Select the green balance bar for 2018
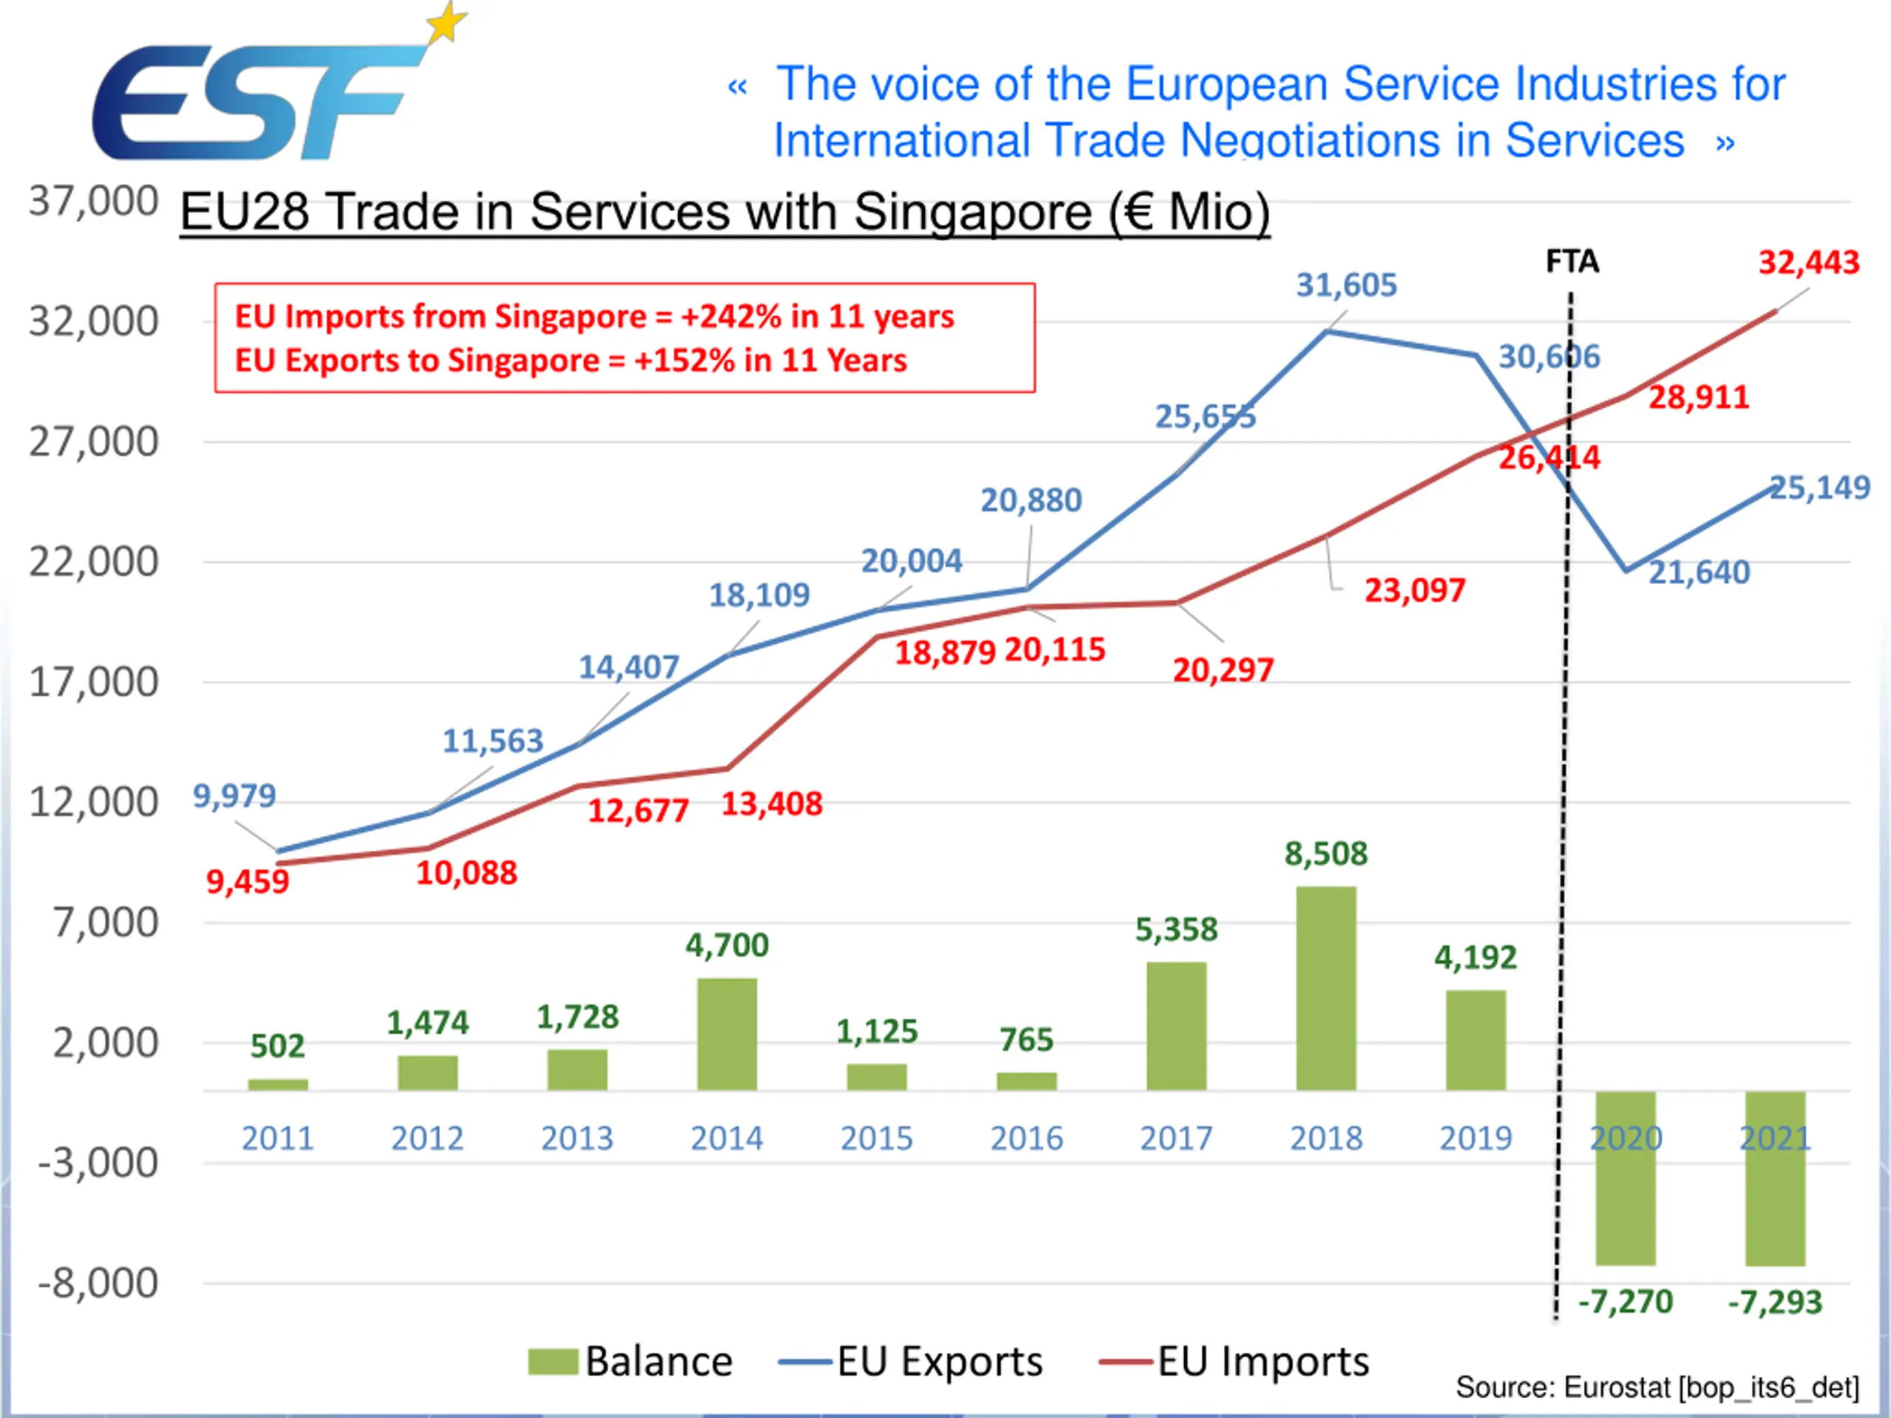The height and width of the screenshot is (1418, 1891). point(1326,988)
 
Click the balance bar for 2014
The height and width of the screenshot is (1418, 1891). point(727,1033)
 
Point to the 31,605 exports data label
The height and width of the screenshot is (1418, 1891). point(1347,284)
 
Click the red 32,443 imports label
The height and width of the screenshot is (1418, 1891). point(1809,262)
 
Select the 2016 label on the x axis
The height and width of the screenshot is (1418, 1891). point(1027,1139)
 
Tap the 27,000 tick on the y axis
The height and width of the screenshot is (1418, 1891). point(94,442)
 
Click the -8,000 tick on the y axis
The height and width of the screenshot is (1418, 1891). point(98,1283)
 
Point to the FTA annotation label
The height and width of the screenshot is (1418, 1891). point(1572,261)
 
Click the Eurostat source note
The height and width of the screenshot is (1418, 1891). point(1657,1387)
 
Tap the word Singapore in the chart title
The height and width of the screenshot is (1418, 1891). point(973,212)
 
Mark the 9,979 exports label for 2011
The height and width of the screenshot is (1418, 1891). point(234,795)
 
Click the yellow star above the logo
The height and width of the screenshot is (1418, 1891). point(447,22)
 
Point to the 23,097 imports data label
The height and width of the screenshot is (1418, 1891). point(1415,591)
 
